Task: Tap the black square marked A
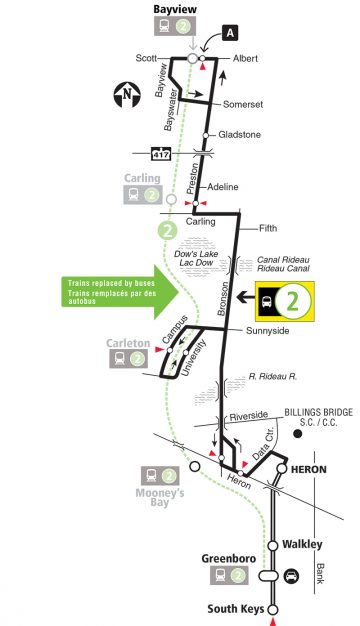coord(231,33)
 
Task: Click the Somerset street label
coord(243,102)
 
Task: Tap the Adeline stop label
coord(227,187)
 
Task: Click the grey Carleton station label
coord(127,342)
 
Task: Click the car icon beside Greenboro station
coord(292,575)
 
